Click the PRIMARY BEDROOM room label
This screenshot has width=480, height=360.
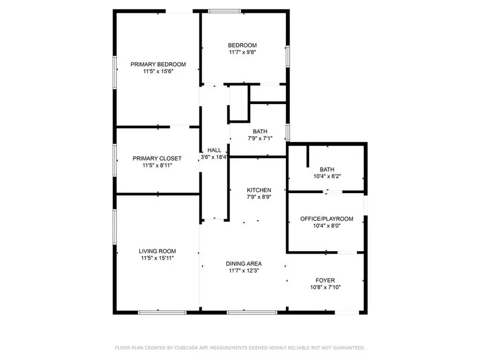pyautogui.click(x=158, y=64)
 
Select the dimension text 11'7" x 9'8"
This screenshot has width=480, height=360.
pyautogui.click(x=243, y=52)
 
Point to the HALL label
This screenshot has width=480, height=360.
pyautogui.click(x=214, y=150)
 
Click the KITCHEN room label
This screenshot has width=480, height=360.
pyautogui.click(x=259, y=190)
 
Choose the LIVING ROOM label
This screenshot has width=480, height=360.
pyautogui.click(x=157, y=251)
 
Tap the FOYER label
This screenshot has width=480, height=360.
pyautogui.click(x=325, y=280)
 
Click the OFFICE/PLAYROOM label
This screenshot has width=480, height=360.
pyautogui.click(x=326, y=219)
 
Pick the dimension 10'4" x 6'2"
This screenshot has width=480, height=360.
pyautogui.click(x=326, y=177)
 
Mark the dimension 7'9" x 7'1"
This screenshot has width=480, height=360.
pyautogui.click(x=260, y=139)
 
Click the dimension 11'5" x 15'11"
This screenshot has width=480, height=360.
pyautogui.click(x=157, y=258)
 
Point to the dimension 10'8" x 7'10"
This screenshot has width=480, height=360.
pyautogui.click(x=325, y=287)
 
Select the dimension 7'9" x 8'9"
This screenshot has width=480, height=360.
pyautogui.click(x=259, y=197)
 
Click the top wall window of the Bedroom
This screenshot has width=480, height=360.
pyautogui.click(x=225, y=11)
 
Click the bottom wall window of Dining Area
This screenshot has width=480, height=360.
pyautogui.click(x=243, y=312)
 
